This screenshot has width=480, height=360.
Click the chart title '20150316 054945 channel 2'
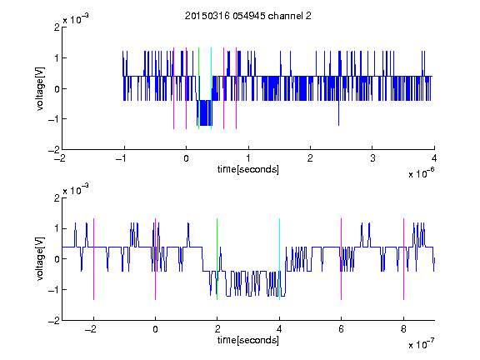click(x=248, y=16)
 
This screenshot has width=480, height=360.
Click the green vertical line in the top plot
click(x=198, y=88)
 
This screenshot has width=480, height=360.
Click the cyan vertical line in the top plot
click(x=211, y=88)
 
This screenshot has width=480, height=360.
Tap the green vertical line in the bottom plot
click(x=217, y=259)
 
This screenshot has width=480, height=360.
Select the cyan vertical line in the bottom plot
click(x=279, y=259)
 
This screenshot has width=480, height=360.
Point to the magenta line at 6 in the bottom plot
click(x=342, y=259)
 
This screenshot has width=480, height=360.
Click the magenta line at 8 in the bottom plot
click(x=404, y=259)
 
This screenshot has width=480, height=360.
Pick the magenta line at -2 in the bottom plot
click(x=93, y=259)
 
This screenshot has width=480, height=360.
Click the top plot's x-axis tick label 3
click(x=372, y=158)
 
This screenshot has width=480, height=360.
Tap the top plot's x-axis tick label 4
click(x=434, y=158)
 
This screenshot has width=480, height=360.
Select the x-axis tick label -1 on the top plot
click(x=121, y=158)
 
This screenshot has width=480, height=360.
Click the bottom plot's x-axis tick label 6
click(x=341, y=329)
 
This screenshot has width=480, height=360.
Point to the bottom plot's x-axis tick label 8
click(x=403, y=329)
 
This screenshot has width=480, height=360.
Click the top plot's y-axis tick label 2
click(x=57, y=27)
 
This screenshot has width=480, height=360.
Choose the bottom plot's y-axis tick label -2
click(x=54, y=321)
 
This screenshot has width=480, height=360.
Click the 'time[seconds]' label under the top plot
click(x=248, y=169)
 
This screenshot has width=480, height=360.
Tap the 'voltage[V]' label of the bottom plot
click(x=40, y=258)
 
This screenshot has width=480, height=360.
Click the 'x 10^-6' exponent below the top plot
click(x=421, y=173)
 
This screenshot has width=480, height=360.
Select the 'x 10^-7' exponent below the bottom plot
click(x=421, y=344)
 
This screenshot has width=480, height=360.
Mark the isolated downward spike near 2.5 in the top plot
click(x=338, y=112)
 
